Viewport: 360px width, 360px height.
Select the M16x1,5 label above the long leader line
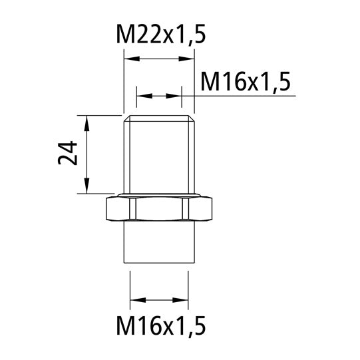[246, 81]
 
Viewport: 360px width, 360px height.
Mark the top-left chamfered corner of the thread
[126, 118]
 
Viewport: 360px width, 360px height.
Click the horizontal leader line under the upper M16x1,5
[253, 96]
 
